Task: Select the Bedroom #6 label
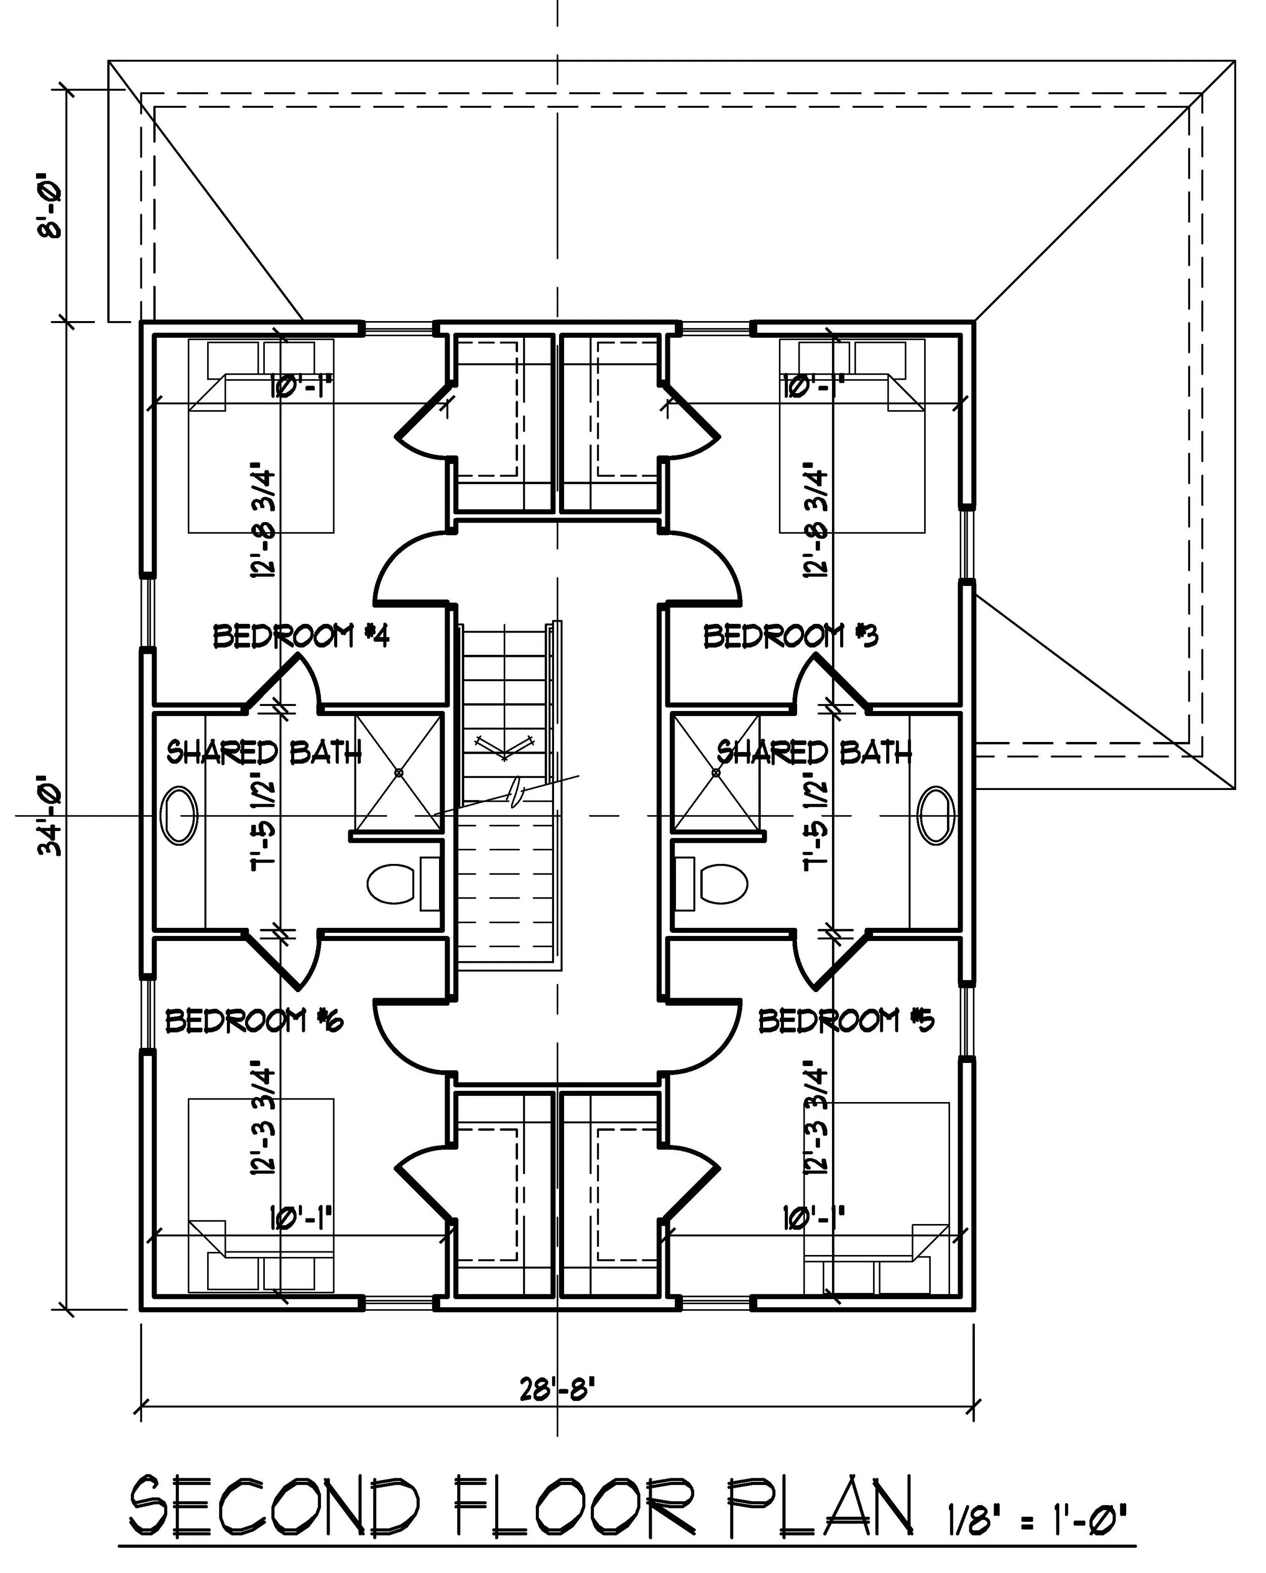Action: point(254,1020)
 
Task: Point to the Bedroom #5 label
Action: point(846,1020)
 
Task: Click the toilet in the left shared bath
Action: point(390,884)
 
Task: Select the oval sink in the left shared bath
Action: point(179,816)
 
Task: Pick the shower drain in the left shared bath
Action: point(399,772)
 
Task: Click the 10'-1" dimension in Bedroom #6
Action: point(301,1216)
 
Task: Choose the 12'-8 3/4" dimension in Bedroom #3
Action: point(816,523)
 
